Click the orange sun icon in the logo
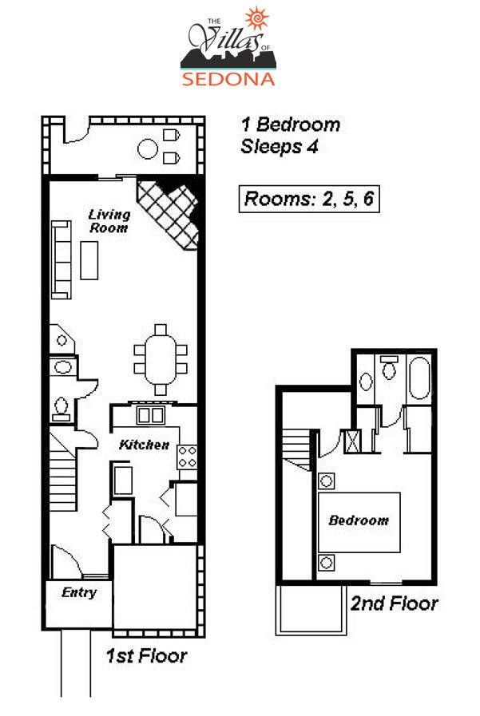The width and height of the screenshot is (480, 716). pyautogui.click(x=256, y=18)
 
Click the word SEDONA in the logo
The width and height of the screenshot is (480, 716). pyautogui.click(x=228, y=78)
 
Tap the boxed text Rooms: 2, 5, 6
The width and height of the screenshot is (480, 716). pyautogui.click(x=309, y=199)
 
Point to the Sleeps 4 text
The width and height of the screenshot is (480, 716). pyautogui.click(x=279, y=147)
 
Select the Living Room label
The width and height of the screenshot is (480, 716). pyautogui.click(x=109, y=221)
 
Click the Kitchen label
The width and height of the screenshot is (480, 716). pyautogui.click(x=144, y=445)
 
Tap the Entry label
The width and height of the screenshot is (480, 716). pyautogui.click(x=79, y=592)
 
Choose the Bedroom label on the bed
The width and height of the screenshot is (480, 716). pyautogui.click(x=359, y=520)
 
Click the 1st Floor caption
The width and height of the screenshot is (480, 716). pyautogui.click(x=146, y=655)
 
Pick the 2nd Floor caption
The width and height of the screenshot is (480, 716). pyautogui.click(x=394, y=603)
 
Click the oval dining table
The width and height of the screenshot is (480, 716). pyautogui.click(x=161, y=360)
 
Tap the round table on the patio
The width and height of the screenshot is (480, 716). pyautogui.click(x=148, y=148)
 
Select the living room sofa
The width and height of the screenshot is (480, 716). pyautogui.click(x=61, y=260)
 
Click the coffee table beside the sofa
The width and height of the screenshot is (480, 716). pyautogui.click(x=89, y=260)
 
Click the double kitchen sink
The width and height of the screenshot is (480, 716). pyautogui.click(x=151, y=415)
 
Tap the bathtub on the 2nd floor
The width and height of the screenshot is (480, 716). pyautogui.click(x=419, y=378)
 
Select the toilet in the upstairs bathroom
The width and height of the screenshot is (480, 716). pyautogui.click(x=389, y=368)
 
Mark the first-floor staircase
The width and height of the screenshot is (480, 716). pyautogui.click(x=62, y=473)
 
